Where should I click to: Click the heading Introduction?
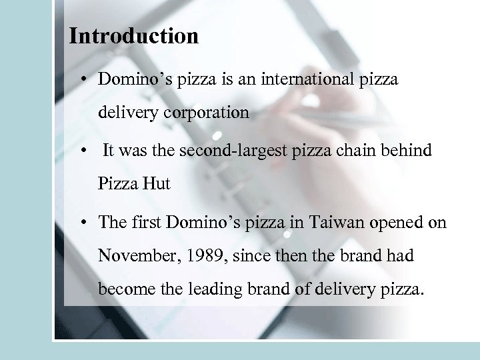pos(134,36)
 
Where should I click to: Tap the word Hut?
pos(157,183)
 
